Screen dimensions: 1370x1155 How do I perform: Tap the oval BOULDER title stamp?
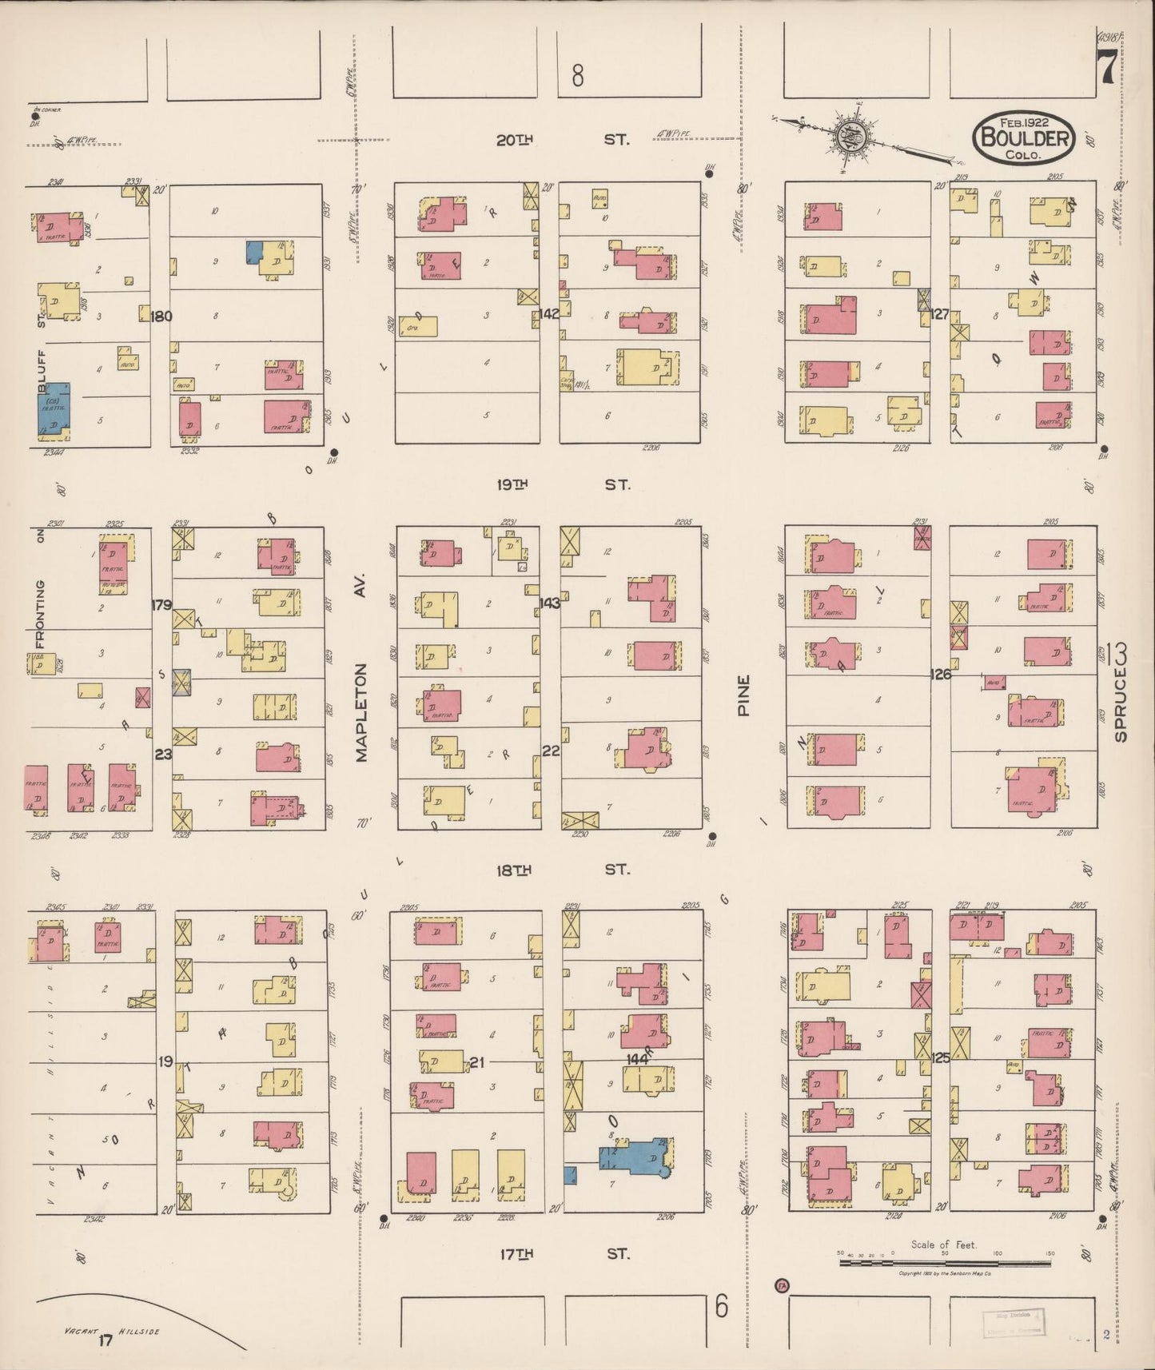1024,137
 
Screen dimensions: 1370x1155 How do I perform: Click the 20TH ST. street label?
562,140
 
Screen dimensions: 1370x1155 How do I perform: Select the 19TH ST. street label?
562,484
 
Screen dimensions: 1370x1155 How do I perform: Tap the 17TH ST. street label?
562,1254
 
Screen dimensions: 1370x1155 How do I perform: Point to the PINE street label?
744,695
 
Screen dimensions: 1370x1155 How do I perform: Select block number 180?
161,316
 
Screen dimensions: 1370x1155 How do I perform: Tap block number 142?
549,314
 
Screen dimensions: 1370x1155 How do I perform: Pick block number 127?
940,314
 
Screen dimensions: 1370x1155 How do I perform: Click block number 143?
549,603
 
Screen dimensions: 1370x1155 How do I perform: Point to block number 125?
941,1057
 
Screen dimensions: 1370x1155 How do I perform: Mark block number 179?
161,605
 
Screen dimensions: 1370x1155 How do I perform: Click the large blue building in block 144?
636,1157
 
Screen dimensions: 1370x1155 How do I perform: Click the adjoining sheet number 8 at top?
578,76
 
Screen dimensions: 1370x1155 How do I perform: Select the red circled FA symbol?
781,1285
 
